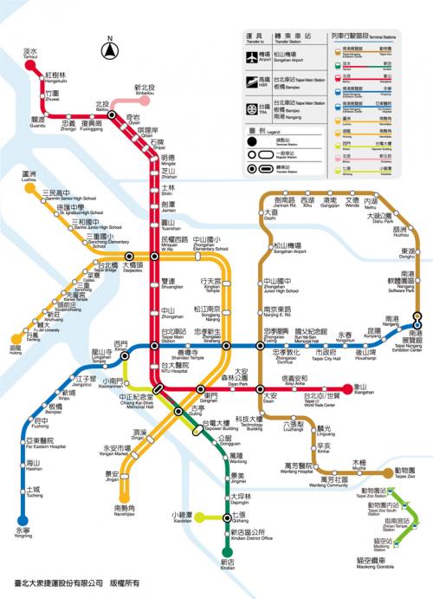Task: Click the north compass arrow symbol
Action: (x=110, y=50)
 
